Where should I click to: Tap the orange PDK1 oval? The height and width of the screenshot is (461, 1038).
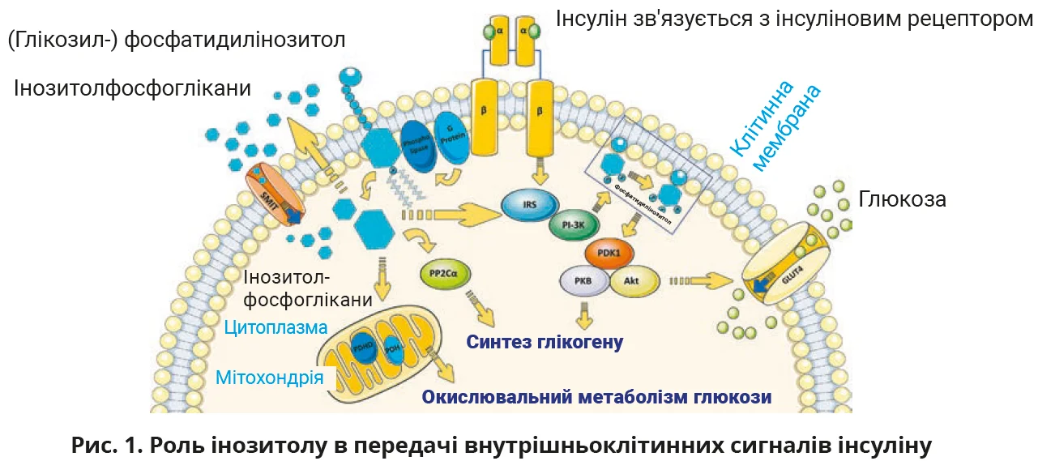609,253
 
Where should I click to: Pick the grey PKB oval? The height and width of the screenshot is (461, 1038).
583,281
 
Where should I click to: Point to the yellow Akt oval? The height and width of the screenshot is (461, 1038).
632,281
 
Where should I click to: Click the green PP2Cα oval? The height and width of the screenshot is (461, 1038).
445,274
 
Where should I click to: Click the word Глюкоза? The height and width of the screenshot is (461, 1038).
902,199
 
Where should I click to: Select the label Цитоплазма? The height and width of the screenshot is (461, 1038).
276,328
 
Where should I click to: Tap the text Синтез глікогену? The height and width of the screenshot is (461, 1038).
544,343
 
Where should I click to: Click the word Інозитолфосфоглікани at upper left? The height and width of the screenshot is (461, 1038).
132,88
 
